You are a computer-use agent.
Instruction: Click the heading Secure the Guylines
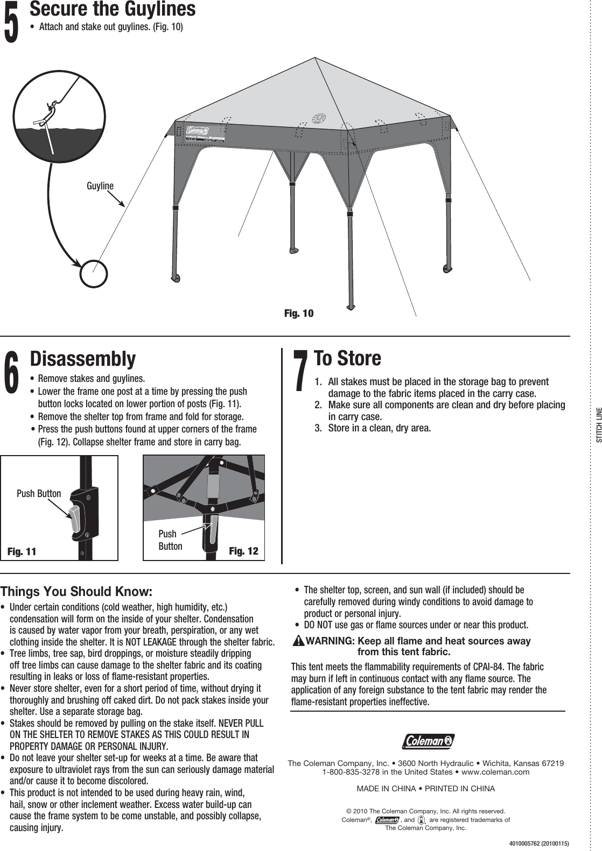point(112,9)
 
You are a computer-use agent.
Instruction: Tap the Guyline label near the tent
point(100,186)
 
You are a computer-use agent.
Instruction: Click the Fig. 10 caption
point(298,314)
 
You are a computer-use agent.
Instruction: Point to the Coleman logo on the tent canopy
point(198,131)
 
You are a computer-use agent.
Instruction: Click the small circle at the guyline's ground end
point(94,273)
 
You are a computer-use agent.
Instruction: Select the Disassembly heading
point(82,358)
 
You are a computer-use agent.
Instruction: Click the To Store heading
point(347,358)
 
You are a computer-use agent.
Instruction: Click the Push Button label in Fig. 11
point(39,493)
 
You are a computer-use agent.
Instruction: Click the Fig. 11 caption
point(22,552)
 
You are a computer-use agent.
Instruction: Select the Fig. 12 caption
point(243,551)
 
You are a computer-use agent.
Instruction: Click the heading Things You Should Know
point(76,592)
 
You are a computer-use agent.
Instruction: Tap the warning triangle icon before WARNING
point(298,641)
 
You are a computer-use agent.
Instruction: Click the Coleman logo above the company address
point(428,741)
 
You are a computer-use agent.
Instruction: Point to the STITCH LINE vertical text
point(598,425)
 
